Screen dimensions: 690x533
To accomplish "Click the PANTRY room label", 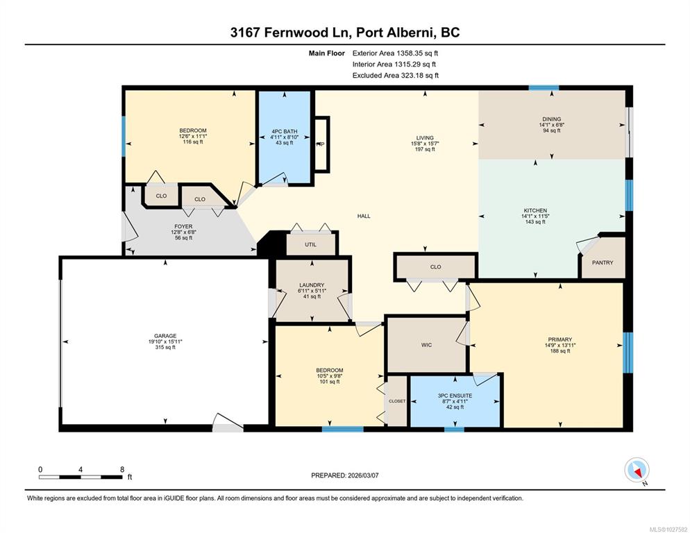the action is (x=603, y=263).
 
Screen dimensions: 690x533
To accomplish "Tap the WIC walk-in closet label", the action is (x=426, y=345).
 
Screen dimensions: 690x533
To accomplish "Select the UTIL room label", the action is (x=311, y=245).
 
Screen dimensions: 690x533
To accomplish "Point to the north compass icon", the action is (x=637, y=470).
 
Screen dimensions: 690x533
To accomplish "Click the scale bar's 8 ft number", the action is (x=122, y=470).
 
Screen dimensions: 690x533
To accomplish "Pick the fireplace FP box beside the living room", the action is (x=321, y=144).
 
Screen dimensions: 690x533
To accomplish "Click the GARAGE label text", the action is (x=165, y=336).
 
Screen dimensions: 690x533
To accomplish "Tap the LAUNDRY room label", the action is (x=312, y=285).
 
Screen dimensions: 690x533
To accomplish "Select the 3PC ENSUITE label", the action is (x=455, y=396).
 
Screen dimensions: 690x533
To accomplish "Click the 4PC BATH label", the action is (x=285, y=131).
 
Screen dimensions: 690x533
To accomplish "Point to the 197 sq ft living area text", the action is (x=425, y=149).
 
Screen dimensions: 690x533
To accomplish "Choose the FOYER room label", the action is (x=183, y=227).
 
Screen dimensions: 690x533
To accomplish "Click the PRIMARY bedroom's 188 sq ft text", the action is (x=560, y=350).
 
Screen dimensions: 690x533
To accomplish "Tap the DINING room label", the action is (x=552, y=119).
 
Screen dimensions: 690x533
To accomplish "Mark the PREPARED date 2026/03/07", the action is (x=363, y=475).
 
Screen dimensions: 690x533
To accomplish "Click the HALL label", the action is (x=364, y=216).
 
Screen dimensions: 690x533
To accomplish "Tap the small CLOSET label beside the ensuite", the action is (x=397, y=401).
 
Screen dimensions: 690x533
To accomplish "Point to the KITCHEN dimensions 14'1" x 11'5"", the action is (x=535, y=216).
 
